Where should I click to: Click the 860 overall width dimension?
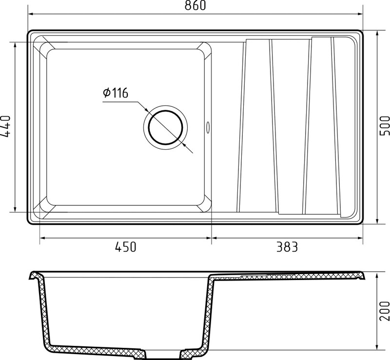195,5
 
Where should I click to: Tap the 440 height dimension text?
5,126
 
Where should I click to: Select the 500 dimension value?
385,126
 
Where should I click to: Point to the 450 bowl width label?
126,247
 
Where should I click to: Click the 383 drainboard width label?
287,247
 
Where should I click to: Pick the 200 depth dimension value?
385,311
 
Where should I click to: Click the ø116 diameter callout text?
116,93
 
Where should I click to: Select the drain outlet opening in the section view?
163,355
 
